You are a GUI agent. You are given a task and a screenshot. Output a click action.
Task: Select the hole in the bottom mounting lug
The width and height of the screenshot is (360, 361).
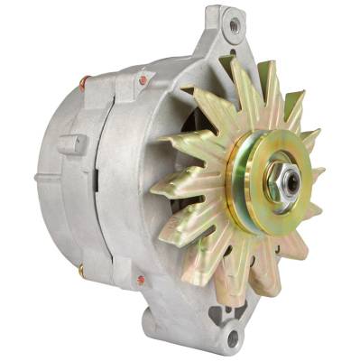pos(233,338)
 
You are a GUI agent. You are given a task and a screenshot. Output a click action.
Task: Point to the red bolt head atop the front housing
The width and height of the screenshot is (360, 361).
pos(143,80)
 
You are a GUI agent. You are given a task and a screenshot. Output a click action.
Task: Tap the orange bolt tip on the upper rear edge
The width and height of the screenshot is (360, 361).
pos(84,82)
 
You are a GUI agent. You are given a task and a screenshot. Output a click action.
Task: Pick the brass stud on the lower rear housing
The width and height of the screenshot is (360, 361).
pos(80,269)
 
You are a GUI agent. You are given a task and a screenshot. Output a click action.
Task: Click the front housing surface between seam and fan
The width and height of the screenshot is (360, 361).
pos(135,180)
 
